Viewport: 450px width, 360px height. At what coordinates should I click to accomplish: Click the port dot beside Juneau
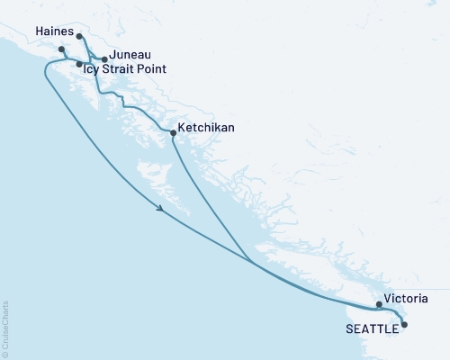pyautogui.click(x=104, y=59)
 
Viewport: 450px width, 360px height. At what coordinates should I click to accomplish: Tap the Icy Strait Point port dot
pyautogui.click(x=79, y=65)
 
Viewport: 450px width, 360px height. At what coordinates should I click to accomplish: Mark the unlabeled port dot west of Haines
pyautogui.click(x=61, y=49)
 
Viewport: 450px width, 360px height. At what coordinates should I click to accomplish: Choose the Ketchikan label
pyautogui.click(x=207, y=129)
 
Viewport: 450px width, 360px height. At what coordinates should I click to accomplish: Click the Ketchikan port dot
pyautogui.click(x=173, y=133)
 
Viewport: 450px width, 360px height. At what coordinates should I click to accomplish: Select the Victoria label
pyautogui.click(x=405, y=297)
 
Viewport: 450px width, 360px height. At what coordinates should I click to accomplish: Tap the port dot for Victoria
pyautogui.click(x=379, y=304)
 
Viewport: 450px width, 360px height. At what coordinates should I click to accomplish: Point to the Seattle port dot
pyautogui.click(x=403, y=324)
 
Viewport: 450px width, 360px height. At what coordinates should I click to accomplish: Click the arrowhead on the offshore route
pyautogui.click(x=160, y=210)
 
